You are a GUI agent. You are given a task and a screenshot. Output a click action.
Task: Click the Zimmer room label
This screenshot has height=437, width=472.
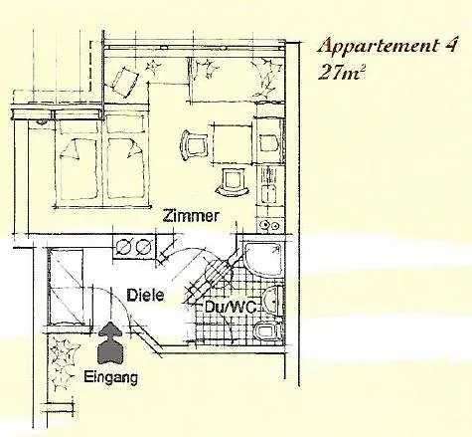[191, 216]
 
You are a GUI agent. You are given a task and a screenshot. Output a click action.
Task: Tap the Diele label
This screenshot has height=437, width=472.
[145, 295]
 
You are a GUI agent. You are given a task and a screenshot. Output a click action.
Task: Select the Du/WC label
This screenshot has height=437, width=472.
[231, 307]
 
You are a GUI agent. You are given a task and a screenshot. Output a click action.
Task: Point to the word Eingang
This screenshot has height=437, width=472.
[110, 377]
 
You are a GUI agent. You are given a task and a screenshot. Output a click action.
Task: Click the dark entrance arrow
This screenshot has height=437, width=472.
[111, 342]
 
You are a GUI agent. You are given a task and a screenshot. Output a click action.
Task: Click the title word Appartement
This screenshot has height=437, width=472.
[378, 47]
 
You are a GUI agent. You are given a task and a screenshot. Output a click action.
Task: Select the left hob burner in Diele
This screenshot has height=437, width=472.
[124, 246]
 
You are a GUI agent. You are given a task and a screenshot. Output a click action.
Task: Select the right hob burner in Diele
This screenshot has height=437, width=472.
[143, 246]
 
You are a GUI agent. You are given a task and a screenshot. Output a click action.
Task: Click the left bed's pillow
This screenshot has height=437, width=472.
[72, 149]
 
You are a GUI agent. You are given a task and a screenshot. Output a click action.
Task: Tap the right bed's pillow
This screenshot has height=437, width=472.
[134, 149]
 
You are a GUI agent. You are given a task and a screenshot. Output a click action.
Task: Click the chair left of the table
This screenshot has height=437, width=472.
[194, 145]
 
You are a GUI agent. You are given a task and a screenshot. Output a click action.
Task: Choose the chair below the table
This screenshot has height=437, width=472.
[233, 182]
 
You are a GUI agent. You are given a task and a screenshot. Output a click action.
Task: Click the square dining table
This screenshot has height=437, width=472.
[233, 143]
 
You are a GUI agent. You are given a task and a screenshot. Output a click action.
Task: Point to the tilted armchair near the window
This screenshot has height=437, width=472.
[124, 82]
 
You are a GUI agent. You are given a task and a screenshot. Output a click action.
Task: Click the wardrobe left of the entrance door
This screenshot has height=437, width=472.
[66, 286]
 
